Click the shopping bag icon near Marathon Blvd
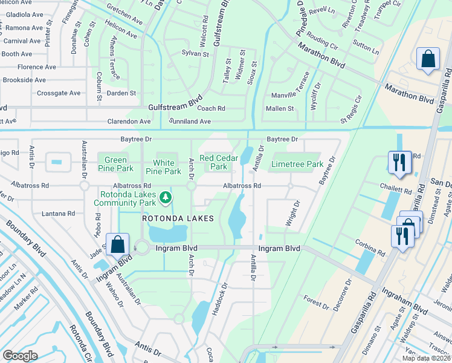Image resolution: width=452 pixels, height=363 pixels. (428, 60)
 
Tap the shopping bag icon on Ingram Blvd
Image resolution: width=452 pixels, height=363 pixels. (117, 245)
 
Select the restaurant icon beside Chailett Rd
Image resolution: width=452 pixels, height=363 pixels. (399, 162)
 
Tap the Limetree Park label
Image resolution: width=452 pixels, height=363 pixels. (297, 164)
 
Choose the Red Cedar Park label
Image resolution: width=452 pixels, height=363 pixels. (219, 162)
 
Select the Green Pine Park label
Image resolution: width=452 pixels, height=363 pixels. (112, 165)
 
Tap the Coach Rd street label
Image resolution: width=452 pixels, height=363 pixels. (211, 109)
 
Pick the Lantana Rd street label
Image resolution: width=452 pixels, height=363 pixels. (59, 214)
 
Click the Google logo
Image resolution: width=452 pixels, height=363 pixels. (21, 355)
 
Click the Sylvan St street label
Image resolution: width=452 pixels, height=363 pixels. (195, 54)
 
